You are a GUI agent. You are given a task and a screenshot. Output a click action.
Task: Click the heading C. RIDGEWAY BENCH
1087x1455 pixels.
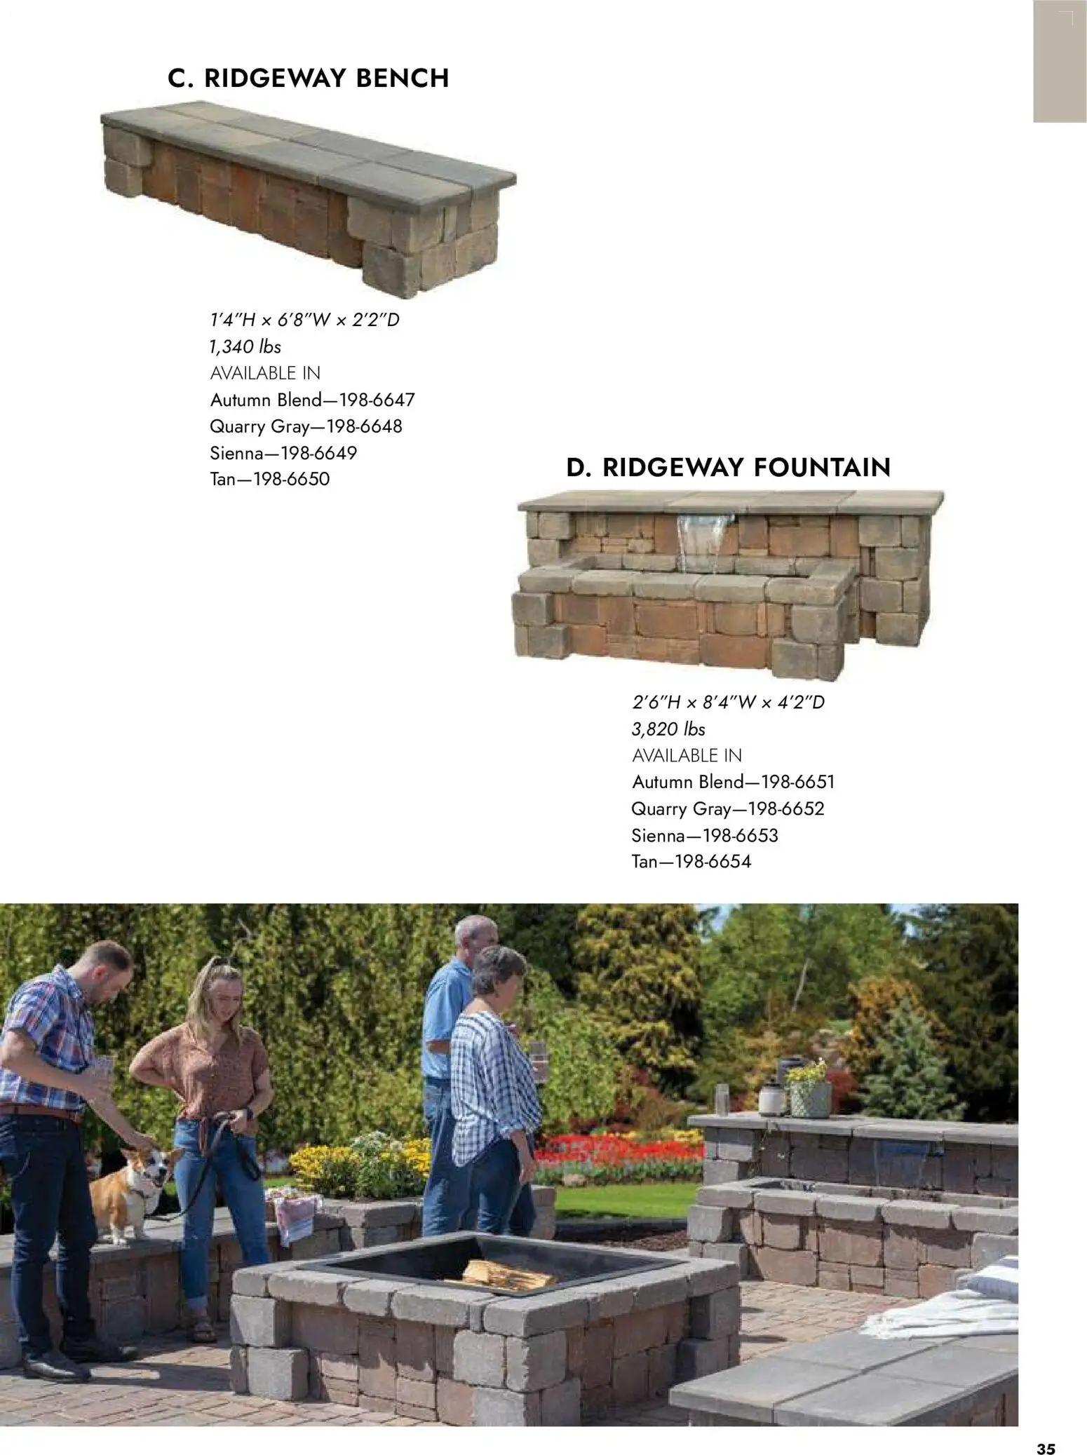[x=308, y=78]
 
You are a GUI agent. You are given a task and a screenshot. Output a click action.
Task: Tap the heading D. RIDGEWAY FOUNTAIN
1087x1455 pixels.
[x=728, y=467]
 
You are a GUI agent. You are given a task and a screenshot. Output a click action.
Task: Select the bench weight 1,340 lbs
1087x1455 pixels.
[x=245, y=346]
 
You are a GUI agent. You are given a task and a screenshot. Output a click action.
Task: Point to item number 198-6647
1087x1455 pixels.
[x=377, y=400]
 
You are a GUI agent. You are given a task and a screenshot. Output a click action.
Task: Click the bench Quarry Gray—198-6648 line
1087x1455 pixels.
[x=306, y=426]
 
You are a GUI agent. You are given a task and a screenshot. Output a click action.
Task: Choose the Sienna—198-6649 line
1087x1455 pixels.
[x=283, y=453]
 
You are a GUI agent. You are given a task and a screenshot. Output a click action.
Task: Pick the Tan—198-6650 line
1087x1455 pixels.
[x=269, y=480]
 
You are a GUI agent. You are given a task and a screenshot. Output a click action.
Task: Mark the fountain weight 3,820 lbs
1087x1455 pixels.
[x=668, y=729]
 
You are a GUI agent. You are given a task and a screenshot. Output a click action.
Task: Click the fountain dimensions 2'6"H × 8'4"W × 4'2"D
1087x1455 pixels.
[x=728, y=702]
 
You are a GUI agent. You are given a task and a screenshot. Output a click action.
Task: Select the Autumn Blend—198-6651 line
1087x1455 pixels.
[x=733, y=782]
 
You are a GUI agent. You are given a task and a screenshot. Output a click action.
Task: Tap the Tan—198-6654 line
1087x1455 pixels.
[x=691, y=862]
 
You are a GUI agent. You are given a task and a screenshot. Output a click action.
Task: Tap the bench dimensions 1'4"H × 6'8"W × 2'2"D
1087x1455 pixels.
[x=304, y=320]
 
